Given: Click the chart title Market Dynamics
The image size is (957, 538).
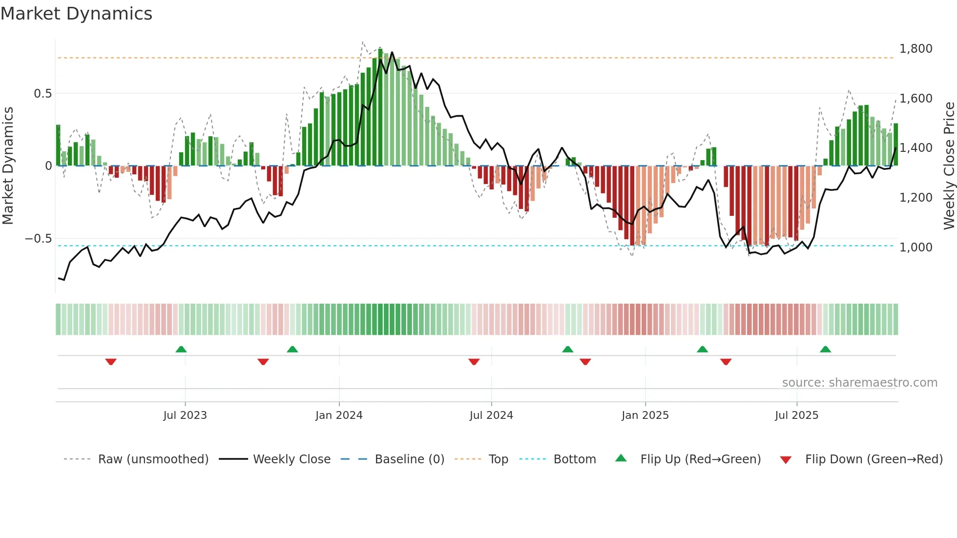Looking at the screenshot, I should click(x=77, y=14).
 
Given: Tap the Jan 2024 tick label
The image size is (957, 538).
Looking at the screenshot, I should click(x=339, y=415).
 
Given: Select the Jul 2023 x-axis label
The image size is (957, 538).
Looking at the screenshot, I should click(x=185, y=415).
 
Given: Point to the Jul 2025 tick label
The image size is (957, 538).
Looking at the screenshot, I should click(x=796, y=415).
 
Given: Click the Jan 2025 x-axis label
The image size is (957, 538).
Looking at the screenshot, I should click(x=645, y=415).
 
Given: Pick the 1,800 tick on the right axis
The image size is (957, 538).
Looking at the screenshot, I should click(x=915, y=49).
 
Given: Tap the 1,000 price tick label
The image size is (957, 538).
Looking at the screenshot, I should click(x=915, y=248).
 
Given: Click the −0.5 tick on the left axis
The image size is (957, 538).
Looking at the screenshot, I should click(x=39, y=239).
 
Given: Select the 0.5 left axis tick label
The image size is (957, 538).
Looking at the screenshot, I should click(x=42, y=94).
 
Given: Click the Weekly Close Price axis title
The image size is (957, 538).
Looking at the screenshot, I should click(x=949, y=166).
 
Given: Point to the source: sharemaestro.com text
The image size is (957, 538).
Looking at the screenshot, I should click(x=859, y=383).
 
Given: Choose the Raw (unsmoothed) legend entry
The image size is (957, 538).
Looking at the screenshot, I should click(x=153, y=459).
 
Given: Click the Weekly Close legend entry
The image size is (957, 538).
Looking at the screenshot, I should click(x=291, y=459).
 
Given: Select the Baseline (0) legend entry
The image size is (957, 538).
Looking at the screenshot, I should click(x=409, y=459).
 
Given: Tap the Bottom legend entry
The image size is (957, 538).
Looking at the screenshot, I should click(x=575, y=459).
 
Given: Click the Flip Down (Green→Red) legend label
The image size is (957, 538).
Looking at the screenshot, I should click(x=874, y=459).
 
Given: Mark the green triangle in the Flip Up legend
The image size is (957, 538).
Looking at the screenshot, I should click(x=621, y=458).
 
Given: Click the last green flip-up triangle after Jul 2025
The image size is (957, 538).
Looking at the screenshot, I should click(x=825, y=350).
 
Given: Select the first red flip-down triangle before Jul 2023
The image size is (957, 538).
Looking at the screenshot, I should click(x=111, y=362).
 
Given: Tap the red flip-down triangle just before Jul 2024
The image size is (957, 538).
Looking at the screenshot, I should click(x=474, y=362).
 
